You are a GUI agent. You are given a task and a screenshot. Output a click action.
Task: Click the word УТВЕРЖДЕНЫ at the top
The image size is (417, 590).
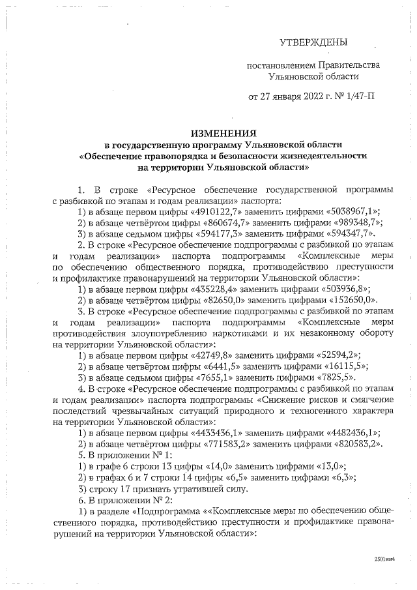(x=313, y=43)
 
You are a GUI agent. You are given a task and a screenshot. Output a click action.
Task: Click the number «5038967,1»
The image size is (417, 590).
(x=354, y=212)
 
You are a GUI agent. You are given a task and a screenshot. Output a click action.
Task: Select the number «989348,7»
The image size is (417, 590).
(x=353, y=223)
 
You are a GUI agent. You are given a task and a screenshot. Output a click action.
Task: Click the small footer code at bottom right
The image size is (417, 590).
(x=384, y=559)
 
